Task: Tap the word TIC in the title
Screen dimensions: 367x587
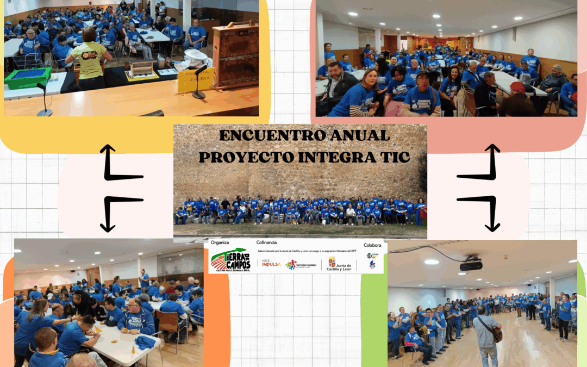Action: (391, 157)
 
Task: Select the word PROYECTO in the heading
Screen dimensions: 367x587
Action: (247, 157)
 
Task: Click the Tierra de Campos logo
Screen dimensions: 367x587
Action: (229, 259)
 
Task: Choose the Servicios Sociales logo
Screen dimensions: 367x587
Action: (301, 264)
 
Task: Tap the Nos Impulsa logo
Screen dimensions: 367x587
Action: (272, 264)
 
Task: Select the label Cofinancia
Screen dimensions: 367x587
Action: (266, 242)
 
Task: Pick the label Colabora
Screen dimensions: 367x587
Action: (372, 245)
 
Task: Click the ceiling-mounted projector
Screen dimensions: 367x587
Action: (471, 265)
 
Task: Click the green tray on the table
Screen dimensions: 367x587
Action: (28, 77)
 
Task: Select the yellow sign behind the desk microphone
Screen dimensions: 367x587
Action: (195, 80)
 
